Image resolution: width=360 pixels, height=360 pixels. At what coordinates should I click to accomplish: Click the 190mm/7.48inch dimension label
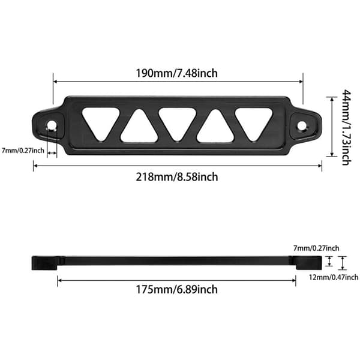176,73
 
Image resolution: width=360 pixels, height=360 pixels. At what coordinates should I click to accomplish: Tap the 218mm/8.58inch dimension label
177,177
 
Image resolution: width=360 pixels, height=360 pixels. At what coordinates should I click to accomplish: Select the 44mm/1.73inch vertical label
346,127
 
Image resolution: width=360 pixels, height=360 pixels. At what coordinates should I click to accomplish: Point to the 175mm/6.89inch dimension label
177,289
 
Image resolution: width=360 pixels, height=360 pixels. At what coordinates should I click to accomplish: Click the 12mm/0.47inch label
334,277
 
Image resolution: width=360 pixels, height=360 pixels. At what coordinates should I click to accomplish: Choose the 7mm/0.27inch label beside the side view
316,248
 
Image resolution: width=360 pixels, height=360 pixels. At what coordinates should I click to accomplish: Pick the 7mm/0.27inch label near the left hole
23,151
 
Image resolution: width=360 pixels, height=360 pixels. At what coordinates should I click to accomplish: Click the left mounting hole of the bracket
52,125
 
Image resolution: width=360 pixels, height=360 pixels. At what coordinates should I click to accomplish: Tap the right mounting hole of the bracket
302,126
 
